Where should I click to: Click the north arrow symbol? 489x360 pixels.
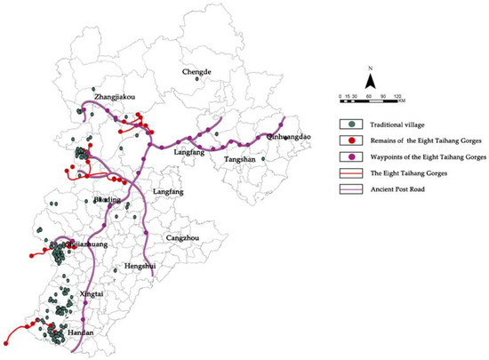click(x=369, y=76)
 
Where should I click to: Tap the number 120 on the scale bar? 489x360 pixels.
click(x=399, y=96)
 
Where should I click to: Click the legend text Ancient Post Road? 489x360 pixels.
click(x=404, y=186)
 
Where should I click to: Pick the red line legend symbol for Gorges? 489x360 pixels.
click(x=352, y=171)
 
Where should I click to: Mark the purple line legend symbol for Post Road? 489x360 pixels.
click(x=352, y=186)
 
